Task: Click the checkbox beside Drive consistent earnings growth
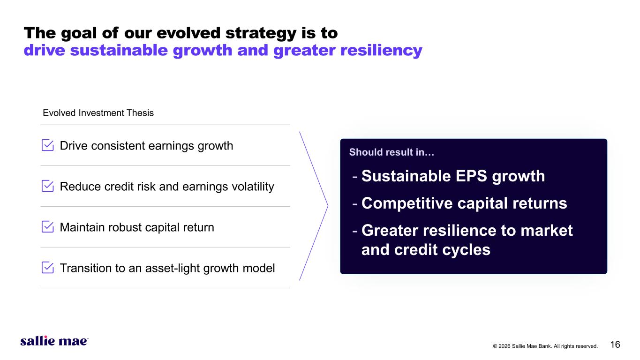point(47,145)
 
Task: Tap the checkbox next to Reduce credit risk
point(47,186)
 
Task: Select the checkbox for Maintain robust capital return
point(47,227)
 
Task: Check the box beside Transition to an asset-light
point(47,268)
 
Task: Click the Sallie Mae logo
point(54,341)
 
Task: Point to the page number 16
point(615,345)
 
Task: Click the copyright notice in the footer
point(545,346)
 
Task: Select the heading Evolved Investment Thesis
point(98,113)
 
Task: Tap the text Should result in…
point(392,152)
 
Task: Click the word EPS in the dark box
point(471,176)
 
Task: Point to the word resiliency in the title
point(381,50)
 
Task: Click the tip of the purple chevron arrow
point(328,206)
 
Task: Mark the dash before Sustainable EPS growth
point(355,177)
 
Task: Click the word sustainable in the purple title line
point(119,50)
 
